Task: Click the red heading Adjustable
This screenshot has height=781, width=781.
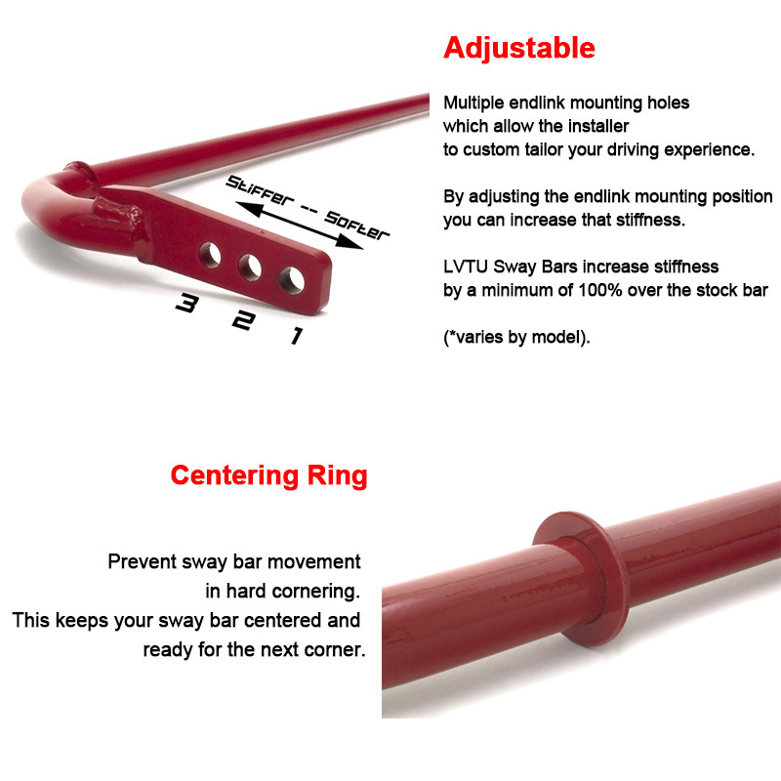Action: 518,48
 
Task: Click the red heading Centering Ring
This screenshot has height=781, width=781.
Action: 268,475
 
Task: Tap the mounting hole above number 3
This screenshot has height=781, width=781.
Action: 210,255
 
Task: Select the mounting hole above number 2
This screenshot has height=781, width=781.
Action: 250,267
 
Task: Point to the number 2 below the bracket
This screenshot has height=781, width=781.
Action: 240,321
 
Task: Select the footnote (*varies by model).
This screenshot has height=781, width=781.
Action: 516,338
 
